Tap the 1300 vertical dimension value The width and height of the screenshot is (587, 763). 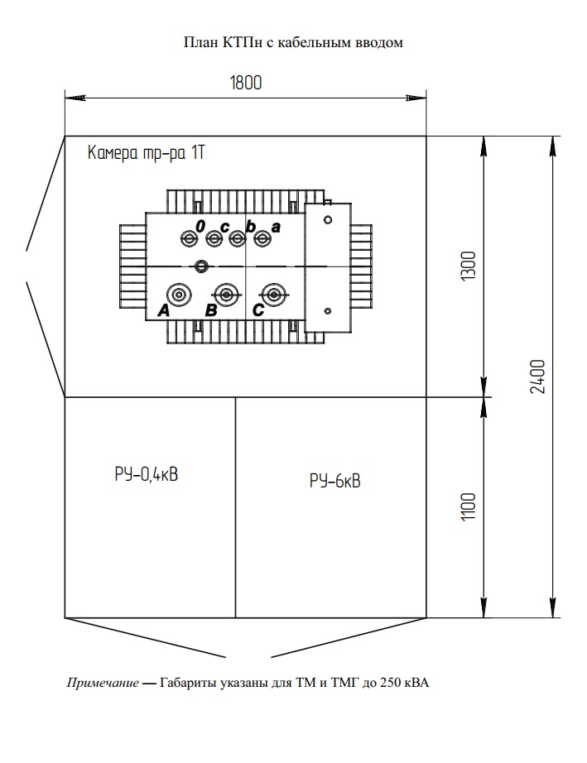coord(468,266)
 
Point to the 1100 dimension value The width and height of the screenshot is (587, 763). coord(469,507)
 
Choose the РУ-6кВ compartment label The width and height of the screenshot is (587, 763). coord(334,481)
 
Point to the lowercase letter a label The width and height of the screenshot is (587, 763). coord(276,226)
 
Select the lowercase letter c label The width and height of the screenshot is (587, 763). coord(224,227)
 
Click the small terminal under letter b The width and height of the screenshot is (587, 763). coord(238,239)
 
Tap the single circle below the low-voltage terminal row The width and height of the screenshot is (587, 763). coord(200,266)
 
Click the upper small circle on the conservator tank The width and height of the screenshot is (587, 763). coord(328,220)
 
